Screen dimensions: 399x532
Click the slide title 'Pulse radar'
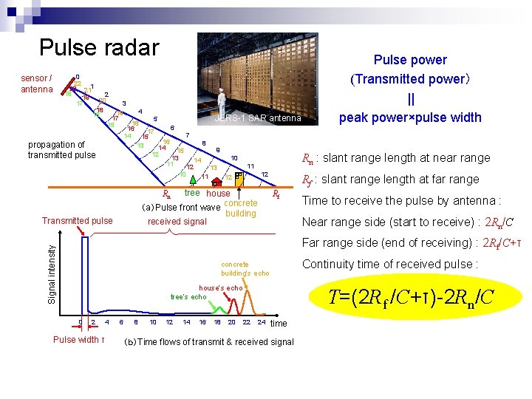[x=99, y=47]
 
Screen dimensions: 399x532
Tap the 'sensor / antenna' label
[x=36, y=83]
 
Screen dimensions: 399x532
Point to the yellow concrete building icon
[x=239, y=177]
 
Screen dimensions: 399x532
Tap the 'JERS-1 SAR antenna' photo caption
[x=257, y=118]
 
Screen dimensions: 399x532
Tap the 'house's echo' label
[x=220, y=287]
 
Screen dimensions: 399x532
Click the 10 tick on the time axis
[x=153, y=322]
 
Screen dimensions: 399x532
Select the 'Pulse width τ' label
[x=77, y=340]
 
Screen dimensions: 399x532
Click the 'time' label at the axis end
[x=279, y=324]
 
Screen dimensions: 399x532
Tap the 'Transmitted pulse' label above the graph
[x=78, y=221]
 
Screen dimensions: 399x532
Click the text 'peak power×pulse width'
[x=410, y=117]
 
